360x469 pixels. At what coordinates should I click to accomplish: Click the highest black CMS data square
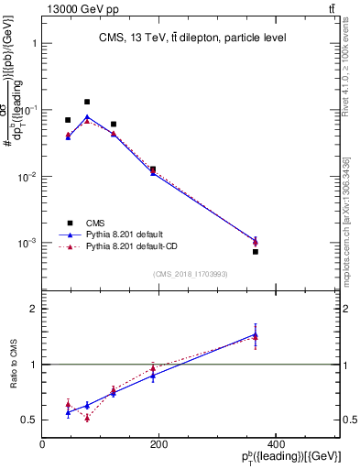coord(87,102)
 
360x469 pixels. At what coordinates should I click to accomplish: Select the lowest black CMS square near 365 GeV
coord(256,252)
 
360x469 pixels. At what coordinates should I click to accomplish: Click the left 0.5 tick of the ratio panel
coord(31,420)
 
